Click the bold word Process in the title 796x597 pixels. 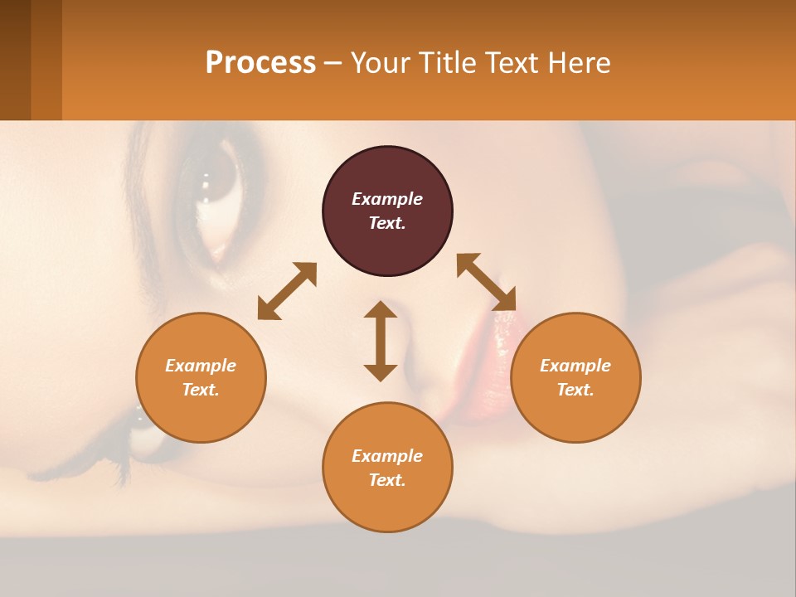(x=260, y=63)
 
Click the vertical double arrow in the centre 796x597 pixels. (x=381, y=341)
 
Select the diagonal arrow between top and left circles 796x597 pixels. (x=287, y=291)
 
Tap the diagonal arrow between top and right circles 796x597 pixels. (x=486, y=282)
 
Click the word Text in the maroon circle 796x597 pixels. (x=387, y=223)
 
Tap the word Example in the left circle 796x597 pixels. (x=201, y=366)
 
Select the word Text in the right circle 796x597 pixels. (x=575, y=390)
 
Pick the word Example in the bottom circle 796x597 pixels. (x=387, y=456)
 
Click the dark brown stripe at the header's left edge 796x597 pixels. (x=15, y=60)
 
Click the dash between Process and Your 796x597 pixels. (x=333, y=64)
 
